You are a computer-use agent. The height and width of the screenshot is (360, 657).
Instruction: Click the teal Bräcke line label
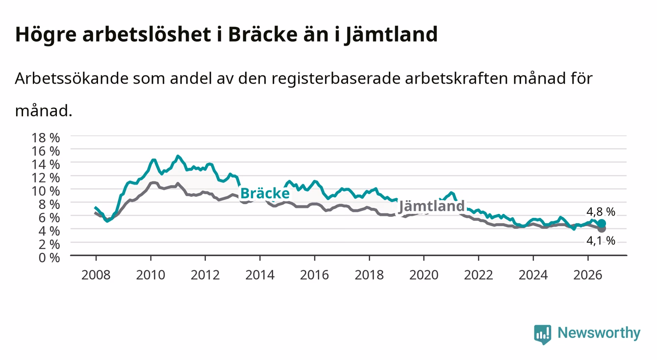(x=265, y=193)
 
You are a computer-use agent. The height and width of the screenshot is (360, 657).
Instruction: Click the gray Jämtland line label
(x=432, y=206)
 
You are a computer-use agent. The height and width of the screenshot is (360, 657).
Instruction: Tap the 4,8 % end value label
(x=601, y=211)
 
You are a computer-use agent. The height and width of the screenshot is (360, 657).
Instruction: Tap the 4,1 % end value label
(x=601, y=241)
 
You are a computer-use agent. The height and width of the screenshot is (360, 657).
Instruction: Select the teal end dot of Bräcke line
(x=602, y=223)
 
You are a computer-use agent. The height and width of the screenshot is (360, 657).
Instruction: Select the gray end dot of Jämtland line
(x=602, y=229)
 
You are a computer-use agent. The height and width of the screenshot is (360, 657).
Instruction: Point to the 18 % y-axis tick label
(x=46, y=138)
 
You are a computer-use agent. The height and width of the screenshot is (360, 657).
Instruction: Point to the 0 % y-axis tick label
(x=49, y=257)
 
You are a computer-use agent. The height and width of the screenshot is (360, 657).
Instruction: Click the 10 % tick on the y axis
(x=46, y=191)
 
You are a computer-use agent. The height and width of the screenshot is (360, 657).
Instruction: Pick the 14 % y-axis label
(x=46, y=164)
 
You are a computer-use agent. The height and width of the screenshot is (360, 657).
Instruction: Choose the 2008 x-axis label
(x=96, y=275)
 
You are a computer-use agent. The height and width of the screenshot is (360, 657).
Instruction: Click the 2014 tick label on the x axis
(x=260, y=275)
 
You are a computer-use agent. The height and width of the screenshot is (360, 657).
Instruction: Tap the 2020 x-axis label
(x=424, y=275)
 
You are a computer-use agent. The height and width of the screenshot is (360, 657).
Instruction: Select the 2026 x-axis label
(x=588, y=275)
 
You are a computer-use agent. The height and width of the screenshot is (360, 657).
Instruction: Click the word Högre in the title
(x=46, y=35)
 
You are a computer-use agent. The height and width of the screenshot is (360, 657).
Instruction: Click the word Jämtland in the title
(x=391, y=35)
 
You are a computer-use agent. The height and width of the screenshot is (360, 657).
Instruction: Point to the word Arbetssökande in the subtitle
(x=72, y=78)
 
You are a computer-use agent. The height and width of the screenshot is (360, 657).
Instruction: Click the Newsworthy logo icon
(x=543, y=334)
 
